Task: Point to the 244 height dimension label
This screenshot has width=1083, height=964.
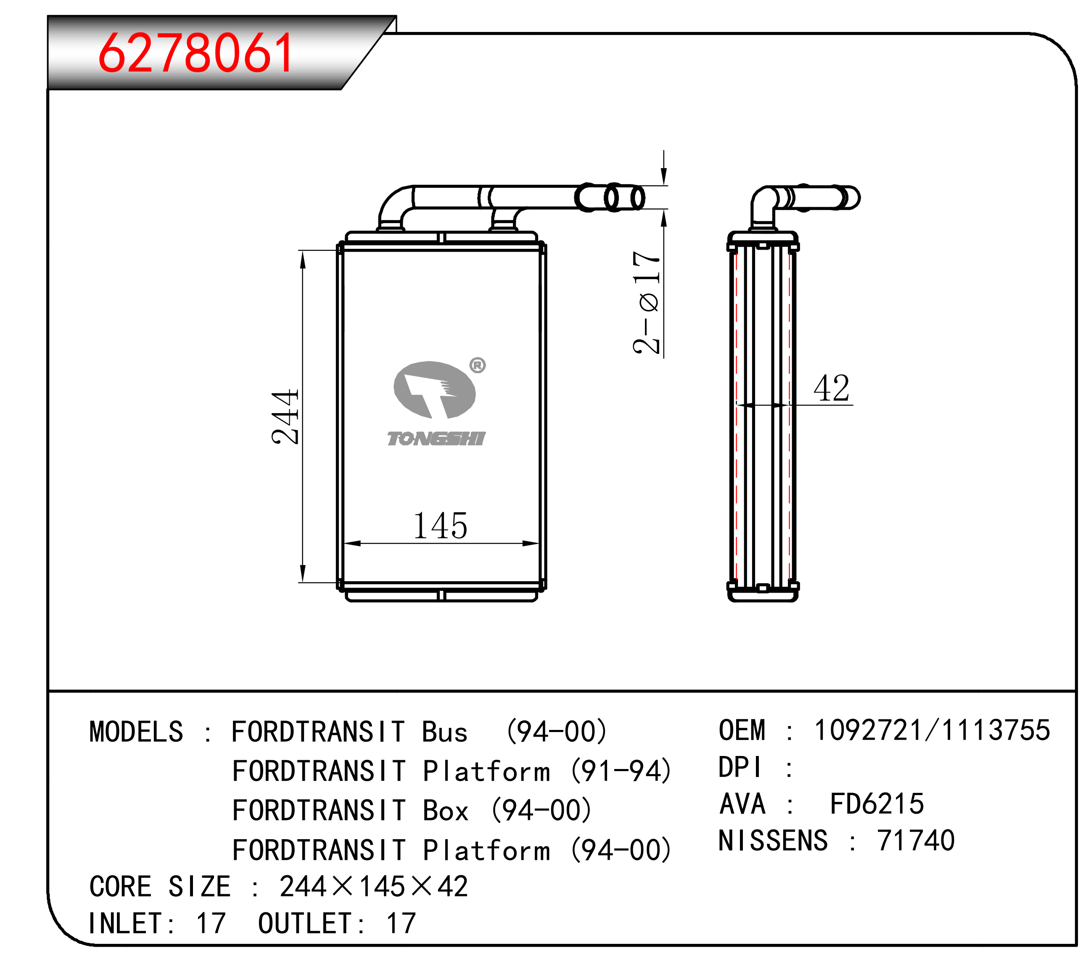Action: coord(285,416)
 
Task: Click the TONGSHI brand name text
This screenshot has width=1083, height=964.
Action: coord(436,439)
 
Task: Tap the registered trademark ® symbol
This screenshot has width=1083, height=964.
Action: coord(478,365)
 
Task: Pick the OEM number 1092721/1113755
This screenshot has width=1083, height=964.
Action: coord(932,730)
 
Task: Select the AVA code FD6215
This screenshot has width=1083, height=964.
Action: coord(877,804)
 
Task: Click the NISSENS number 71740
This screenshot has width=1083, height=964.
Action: coord(916,840)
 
